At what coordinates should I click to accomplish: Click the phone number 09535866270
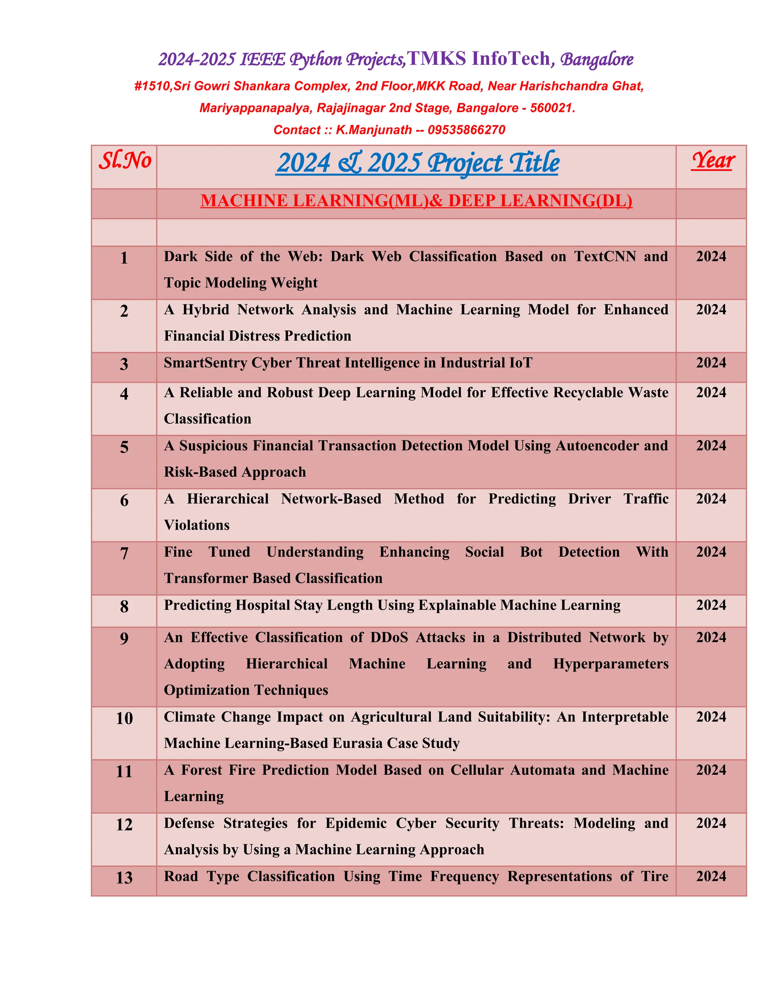coord(466,130)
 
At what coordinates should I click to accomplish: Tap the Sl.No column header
coord(125,161)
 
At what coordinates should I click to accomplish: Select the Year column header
coord(713,161)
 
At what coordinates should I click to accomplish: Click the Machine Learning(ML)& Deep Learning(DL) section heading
coord(416,201)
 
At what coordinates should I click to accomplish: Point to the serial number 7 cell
coord(124,553)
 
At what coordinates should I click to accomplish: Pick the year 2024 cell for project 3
coord(711,363)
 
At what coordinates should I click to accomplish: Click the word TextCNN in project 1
coord(605,256)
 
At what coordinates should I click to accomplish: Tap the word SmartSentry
coord(206,363)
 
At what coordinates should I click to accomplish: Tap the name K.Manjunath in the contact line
coord(373,130)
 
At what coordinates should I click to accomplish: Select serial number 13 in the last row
coord(124,877)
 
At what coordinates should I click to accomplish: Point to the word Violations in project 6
coord(197,525)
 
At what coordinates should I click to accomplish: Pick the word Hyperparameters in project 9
coord(611,663)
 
